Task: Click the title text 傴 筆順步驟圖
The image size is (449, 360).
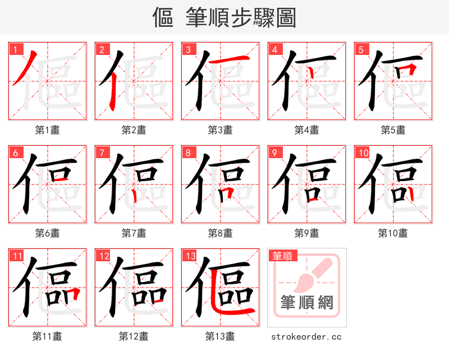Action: click(x=224, y=17)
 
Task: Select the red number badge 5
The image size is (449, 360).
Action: click(x=361, y=49)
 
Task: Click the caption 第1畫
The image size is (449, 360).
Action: click(x=48, y=130)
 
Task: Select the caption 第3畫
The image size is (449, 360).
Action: click(x=220, y=130)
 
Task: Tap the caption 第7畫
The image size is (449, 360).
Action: click(x=134, y=233)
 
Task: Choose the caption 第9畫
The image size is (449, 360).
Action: click(x=306, y=233)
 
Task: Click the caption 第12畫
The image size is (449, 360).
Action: click(x=134, y=336)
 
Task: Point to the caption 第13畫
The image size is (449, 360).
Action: click(x=220, y=336)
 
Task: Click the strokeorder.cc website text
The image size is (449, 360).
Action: click(x=306, y=336)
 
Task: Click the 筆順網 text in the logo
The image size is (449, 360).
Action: click(x=306, y=303)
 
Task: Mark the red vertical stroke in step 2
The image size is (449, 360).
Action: click(x=112, y=90)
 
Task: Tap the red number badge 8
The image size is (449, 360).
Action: click(x=189, y=153)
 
